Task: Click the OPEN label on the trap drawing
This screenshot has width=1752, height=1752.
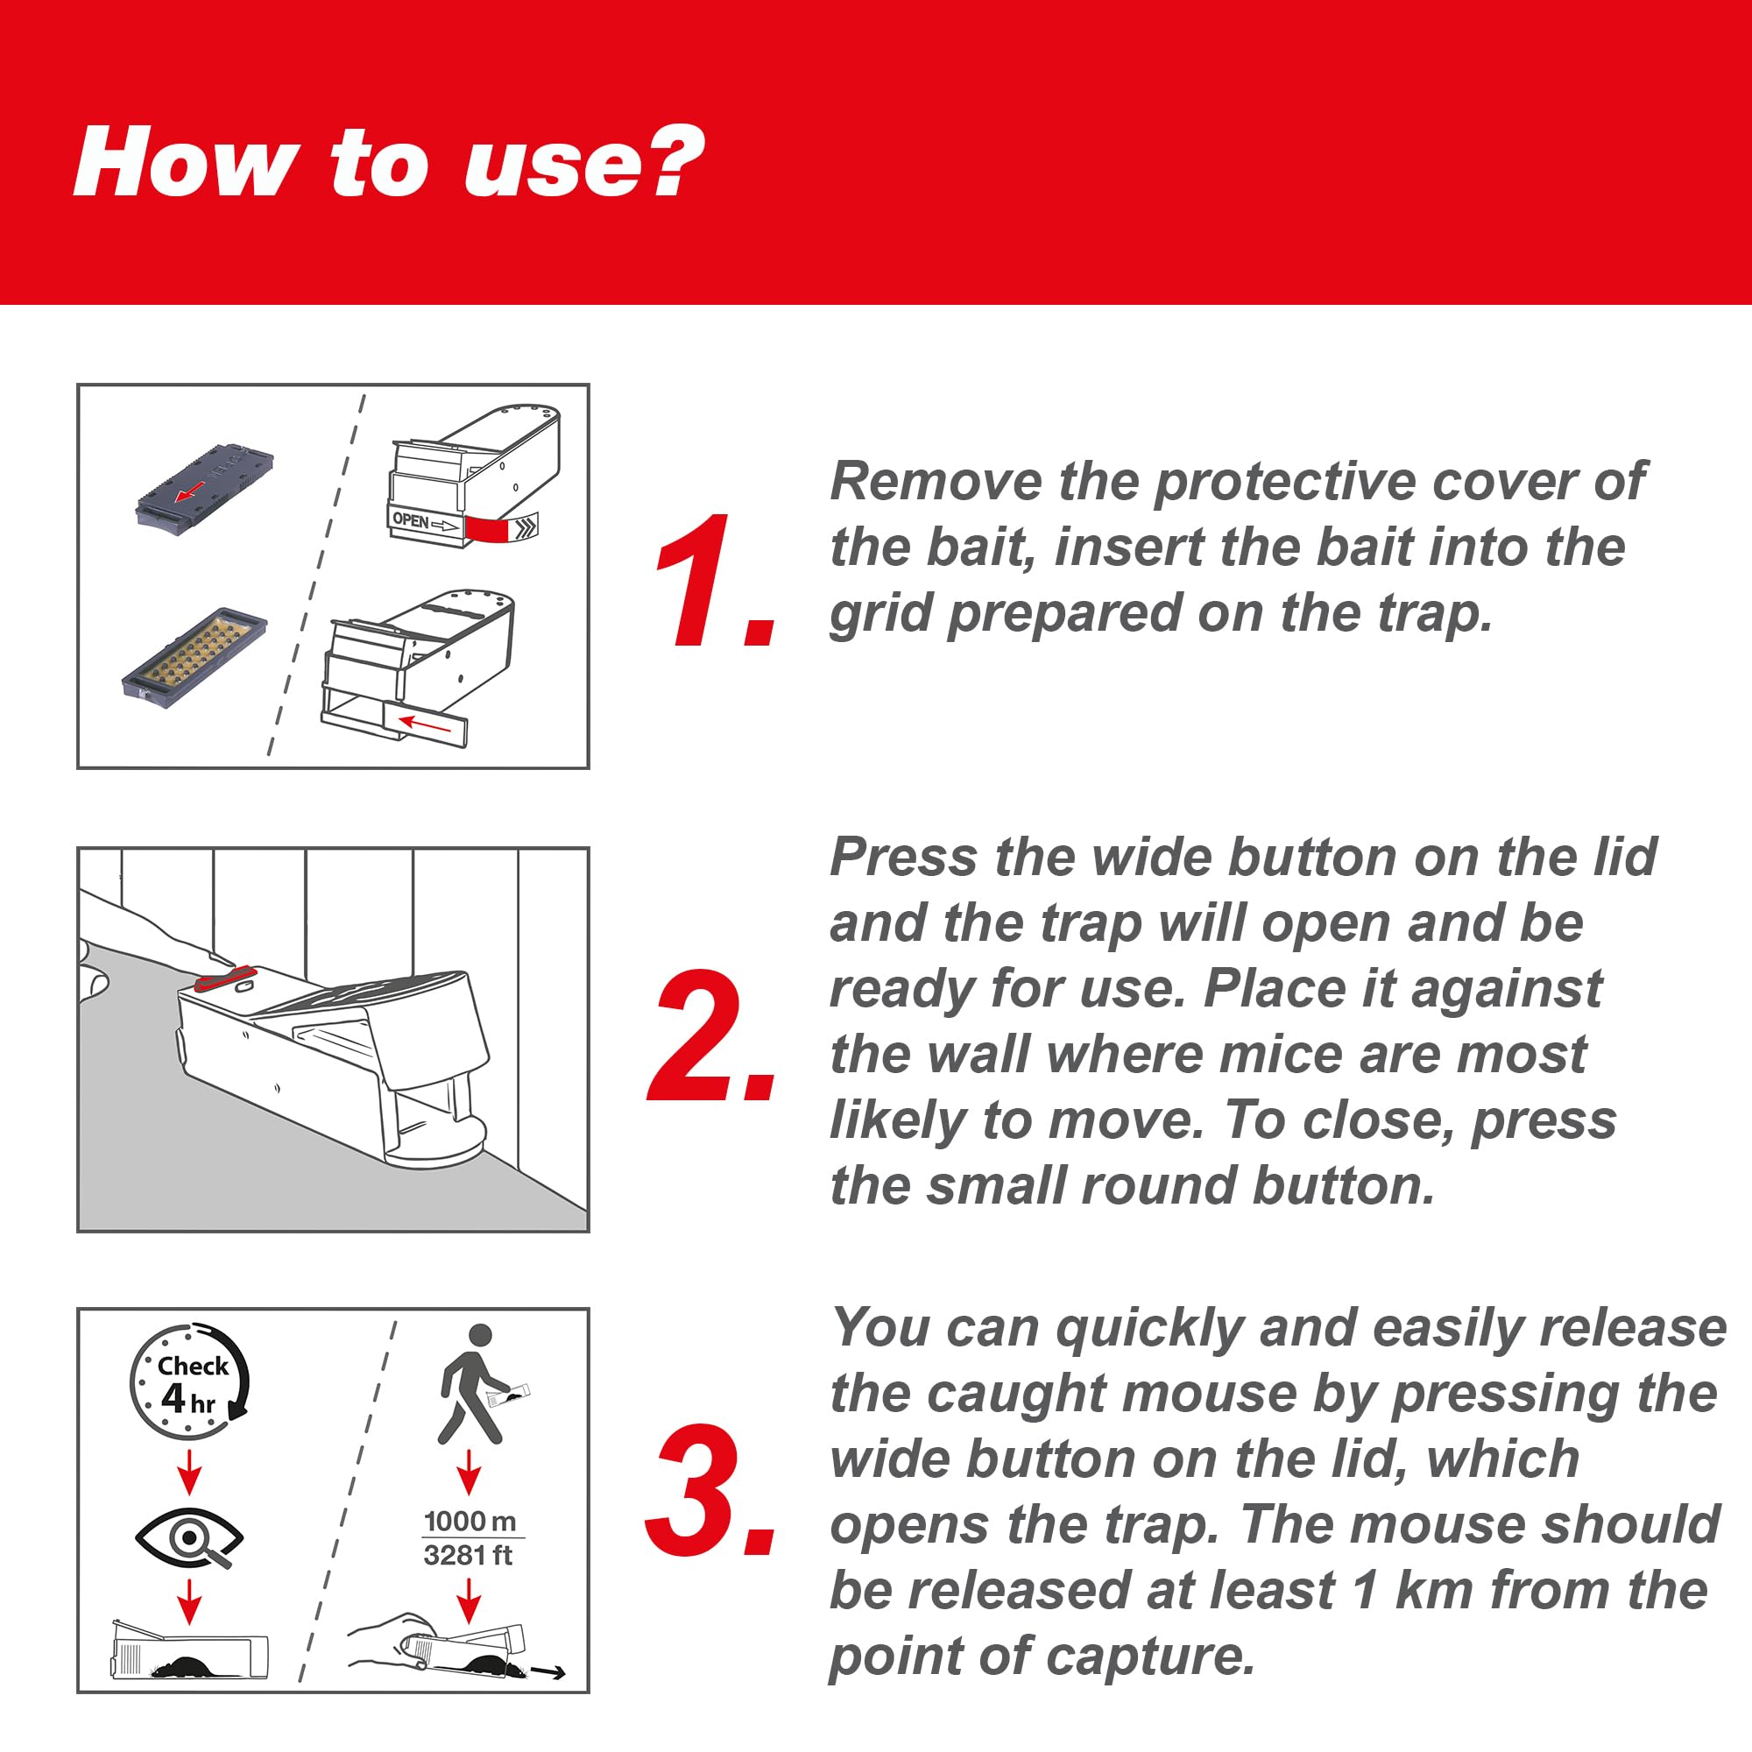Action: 411,520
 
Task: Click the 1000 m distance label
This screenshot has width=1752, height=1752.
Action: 470,1521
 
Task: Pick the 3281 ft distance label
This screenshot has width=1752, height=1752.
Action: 468,1555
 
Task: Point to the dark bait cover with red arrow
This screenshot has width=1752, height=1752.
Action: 205,486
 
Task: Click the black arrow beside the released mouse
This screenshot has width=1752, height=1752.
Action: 547,1672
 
